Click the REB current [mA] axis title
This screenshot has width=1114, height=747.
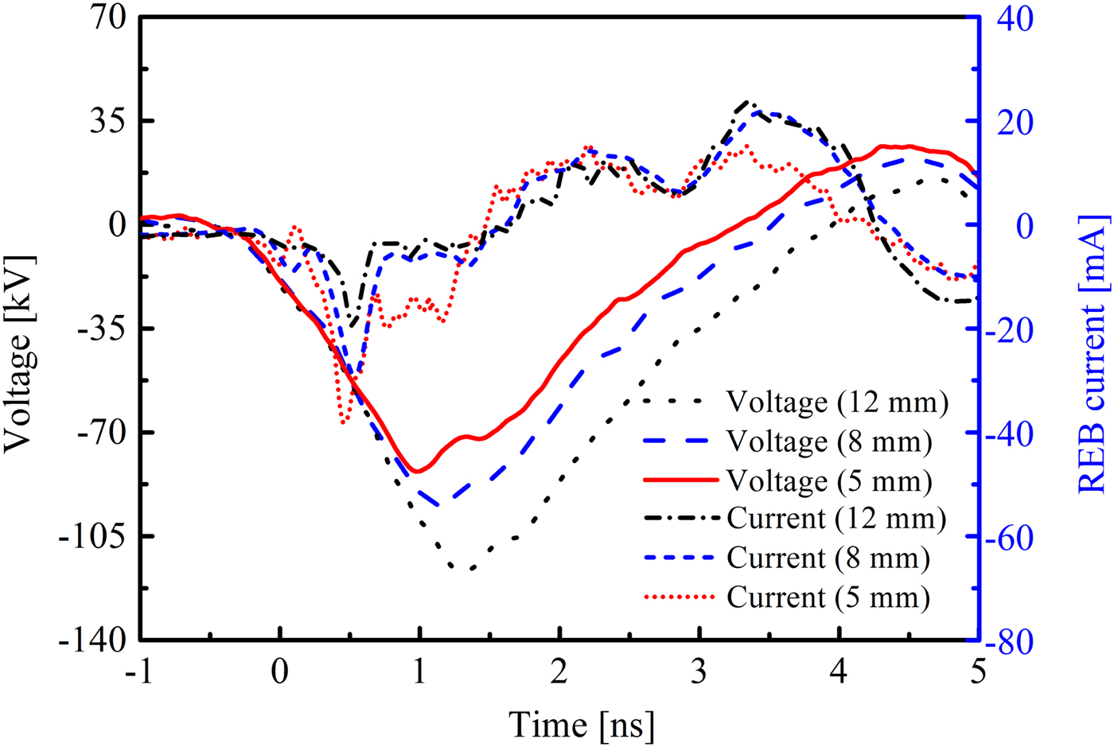(x=1093, y=354)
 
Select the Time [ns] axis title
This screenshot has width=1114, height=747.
(x=582, y=725)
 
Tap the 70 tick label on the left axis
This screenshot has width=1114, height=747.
(x=108, y=18)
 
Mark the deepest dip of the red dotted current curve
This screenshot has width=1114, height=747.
(x=344, y=422)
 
